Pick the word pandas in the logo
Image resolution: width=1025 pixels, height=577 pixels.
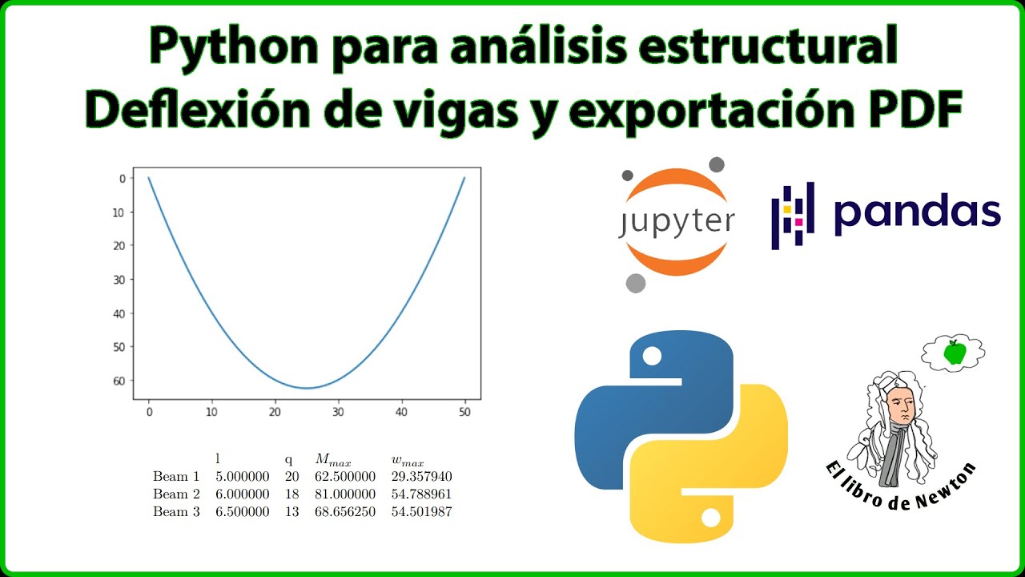(x=917, y=212)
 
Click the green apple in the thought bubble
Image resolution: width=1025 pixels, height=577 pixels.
(x=953, y=352)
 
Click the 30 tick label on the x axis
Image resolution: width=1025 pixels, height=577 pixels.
(x=338, y=412)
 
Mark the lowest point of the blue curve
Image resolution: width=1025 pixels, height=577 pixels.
(x=307, y=388)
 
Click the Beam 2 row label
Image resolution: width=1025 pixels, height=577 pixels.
(x=176, y=494)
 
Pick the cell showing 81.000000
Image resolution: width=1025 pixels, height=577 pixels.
(x=345, y=494)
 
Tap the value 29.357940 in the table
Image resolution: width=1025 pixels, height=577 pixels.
(x=421, y=477)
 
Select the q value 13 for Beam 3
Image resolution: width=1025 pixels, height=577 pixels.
(x=291, y=512)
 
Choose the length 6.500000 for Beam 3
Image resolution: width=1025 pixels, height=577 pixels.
(x=242, y=512)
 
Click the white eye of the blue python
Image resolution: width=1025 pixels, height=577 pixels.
(x=652, y=355)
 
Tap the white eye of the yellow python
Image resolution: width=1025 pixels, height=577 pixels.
(x=710, y=518)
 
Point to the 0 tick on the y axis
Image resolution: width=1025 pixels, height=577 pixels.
(x=122, y=179)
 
